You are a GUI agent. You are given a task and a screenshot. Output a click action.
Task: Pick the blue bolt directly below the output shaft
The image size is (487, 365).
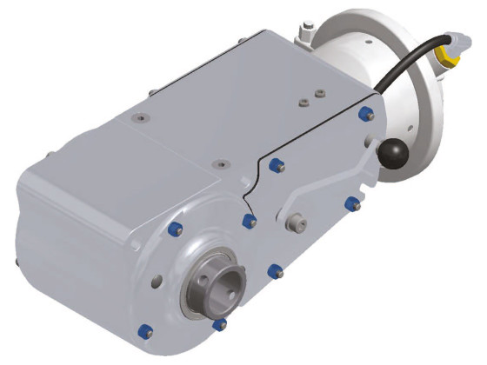point(220,324)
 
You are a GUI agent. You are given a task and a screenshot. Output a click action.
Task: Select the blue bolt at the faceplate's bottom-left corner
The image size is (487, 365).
point(147,332)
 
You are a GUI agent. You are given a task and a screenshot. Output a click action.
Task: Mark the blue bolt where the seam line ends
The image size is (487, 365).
point(250,221)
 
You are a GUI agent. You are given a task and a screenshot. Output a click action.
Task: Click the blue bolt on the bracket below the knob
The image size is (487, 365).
point(351,203)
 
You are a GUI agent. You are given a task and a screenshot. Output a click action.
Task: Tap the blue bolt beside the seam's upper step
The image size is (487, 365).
point(277,164)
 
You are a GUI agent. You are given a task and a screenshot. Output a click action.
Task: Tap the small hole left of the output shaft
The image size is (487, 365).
point(157,280)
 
